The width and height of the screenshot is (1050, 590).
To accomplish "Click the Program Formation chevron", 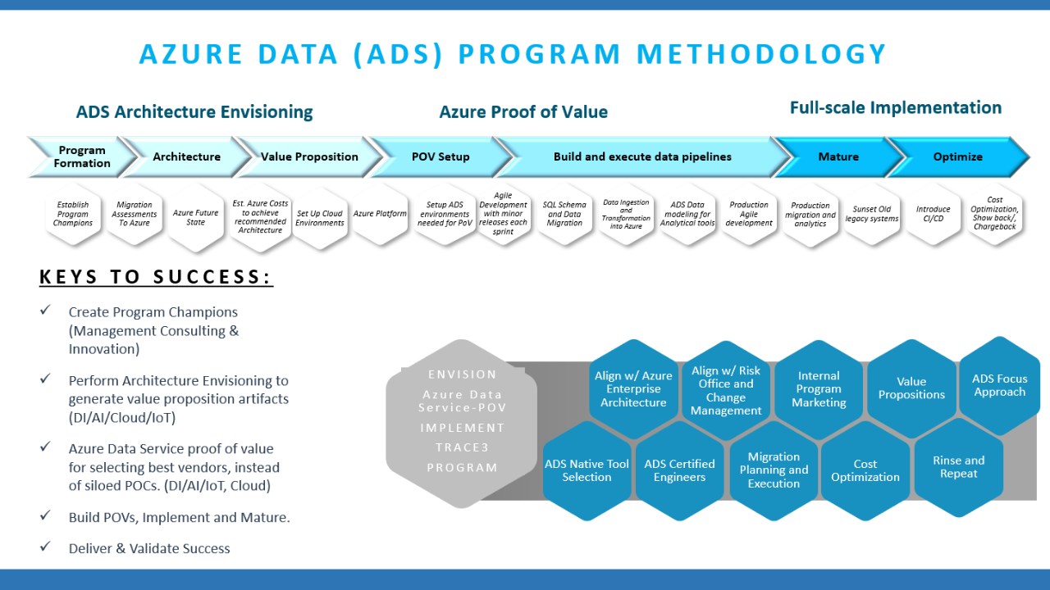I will [81, 157].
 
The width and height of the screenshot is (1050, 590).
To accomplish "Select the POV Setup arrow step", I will [441, 157].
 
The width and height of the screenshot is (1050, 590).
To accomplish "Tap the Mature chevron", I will [838, 157].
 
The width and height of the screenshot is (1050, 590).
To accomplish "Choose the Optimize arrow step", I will [957, 157].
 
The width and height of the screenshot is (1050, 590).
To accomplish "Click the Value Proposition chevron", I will [309, 157].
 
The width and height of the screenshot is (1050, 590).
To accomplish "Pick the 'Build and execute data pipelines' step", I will [642, 157].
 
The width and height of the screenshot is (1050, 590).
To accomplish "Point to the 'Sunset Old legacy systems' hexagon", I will [872, 215].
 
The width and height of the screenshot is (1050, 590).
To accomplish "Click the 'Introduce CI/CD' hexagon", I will [934, 215].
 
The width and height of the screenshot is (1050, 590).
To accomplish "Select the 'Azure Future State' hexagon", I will [195, 217].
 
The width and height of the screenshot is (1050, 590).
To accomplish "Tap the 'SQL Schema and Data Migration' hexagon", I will [564, 215].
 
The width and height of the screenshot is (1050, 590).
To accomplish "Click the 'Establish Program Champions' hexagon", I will [73, 215].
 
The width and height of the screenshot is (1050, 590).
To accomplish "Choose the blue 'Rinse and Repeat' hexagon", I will [958, 467].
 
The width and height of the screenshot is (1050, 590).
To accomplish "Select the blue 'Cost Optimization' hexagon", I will [865, 470].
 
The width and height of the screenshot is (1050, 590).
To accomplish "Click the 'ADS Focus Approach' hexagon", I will [999, 385].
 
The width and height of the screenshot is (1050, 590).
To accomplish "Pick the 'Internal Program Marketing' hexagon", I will [819, 389].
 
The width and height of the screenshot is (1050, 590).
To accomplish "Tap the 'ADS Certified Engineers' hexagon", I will [679, 470].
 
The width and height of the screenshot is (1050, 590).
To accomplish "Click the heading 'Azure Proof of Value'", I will [523, 112].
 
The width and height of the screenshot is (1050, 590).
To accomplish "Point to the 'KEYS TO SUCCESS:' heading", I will [156, 278].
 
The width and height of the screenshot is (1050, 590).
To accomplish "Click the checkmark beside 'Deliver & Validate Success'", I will [46, 547].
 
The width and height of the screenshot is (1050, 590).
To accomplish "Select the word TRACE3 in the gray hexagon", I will [462, 447].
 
